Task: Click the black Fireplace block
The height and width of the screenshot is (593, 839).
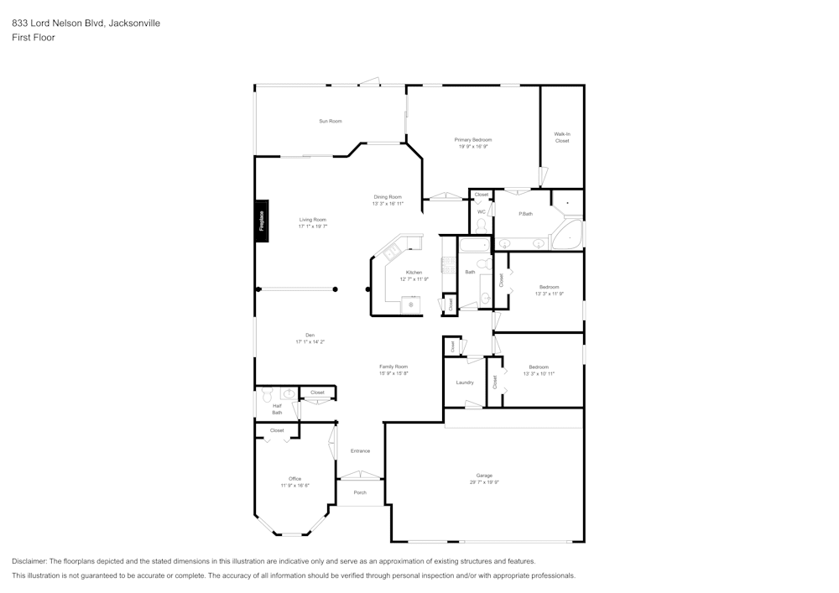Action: (x=262, y=221)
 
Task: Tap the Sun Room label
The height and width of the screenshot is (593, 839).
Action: (x=330, y=122)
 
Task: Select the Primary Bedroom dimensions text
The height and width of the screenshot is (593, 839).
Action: (x=473, y=147)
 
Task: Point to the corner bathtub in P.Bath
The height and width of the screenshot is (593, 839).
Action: (x=570, y=236)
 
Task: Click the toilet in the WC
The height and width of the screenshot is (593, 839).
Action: (x=482, y=226)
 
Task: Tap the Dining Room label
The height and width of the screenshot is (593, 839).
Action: (x=388, y=197)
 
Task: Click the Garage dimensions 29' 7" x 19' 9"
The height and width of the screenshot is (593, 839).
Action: (x=484, y=482)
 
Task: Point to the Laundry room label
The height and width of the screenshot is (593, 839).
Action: (x=465, y=382)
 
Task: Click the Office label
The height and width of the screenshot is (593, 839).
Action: (x=294, y=479)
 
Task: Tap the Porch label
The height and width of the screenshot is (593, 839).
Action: (x=360, y=492)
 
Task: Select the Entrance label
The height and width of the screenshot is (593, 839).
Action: (x=360, y=451)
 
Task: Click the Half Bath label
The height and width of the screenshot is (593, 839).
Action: (x=277, y=409)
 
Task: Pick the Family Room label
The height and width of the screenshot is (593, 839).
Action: (x=393, y=367)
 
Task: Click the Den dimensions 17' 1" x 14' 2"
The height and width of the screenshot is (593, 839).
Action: (x=310, y=342)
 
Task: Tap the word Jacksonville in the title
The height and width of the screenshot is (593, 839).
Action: (x=134, y=23)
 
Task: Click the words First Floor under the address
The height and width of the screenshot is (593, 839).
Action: (x=34, y=38)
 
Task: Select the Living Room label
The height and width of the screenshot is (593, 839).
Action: (x=313, y=220)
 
